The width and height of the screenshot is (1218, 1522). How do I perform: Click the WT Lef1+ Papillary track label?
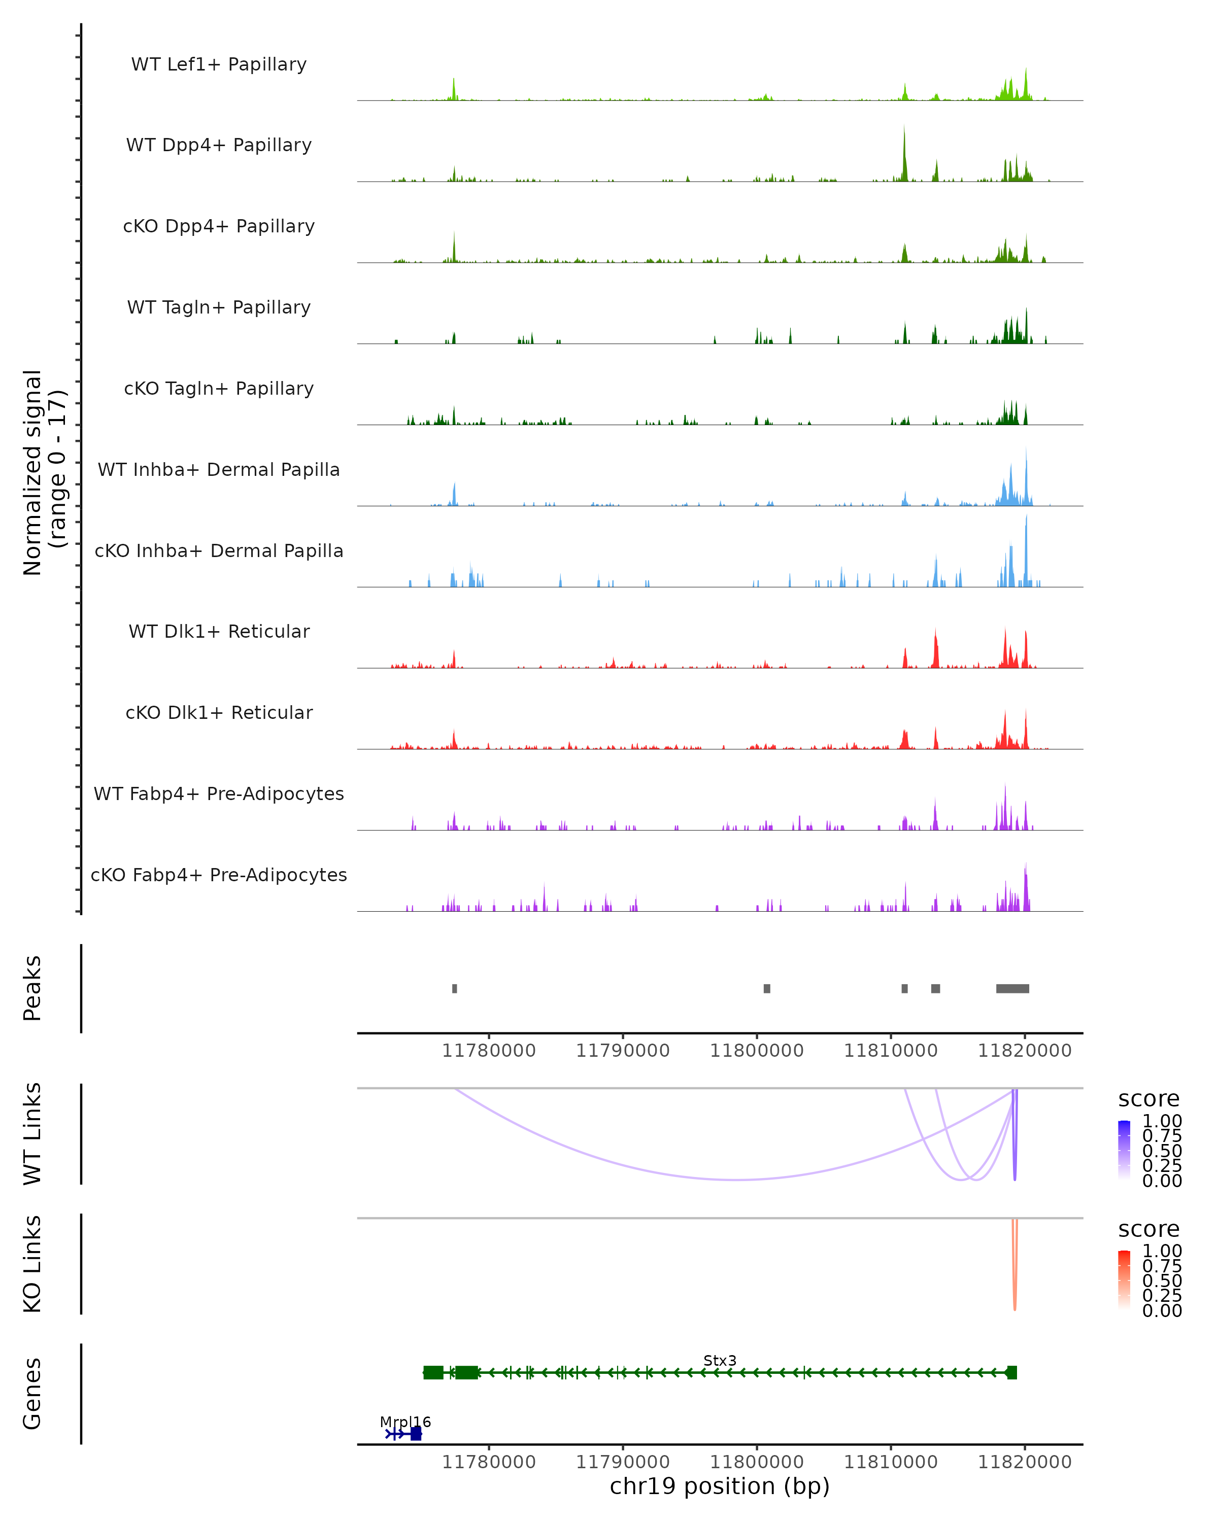(219, 64)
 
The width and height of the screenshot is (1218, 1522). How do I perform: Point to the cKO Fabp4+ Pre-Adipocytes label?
(219, 875)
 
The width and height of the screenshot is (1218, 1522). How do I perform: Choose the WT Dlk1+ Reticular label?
(219, 631)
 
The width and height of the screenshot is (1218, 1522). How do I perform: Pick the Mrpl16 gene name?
(404, 1422)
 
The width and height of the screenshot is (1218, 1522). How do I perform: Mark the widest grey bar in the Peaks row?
(1012, 988)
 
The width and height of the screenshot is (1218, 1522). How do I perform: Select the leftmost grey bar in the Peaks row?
(455, 988)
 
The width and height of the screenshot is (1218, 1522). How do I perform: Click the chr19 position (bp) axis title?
(720, 1486)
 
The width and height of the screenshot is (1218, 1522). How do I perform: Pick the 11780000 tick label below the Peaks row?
(489, 1051)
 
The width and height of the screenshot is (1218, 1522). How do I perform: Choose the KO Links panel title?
(32, 1264)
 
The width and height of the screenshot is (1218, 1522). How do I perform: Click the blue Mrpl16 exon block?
(416, 1434)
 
